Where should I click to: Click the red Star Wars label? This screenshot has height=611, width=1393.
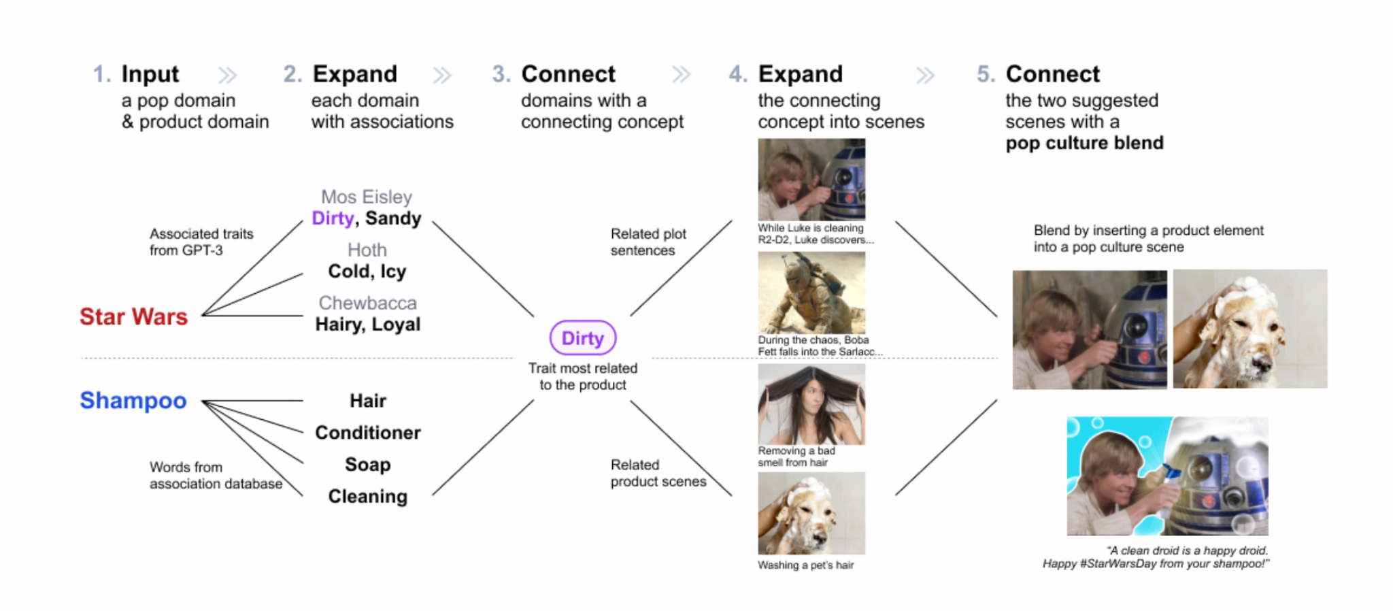[133, 317]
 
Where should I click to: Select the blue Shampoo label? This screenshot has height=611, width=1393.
[133, 401]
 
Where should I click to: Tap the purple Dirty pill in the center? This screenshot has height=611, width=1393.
[583, 338]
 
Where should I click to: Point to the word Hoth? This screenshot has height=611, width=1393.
[367, 250]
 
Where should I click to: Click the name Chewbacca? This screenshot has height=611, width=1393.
[367, 303]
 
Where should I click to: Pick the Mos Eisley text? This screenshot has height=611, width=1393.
[367, 197]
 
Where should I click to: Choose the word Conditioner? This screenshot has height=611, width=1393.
[368, 433]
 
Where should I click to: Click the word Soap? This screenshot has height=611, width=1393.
[368, 465]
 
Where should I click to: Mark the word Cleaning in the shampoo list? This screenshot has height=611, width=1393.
[368, 497]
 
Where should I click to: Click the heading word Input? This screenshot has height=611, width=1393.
[150, 74]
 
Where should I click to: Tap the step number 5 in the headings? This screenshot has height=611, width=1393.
[986, 74]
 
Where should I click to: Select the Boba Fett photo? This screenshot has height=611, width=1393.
[811, 293]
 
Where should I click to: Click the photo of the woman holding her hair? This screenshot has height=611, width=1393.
[811, 404]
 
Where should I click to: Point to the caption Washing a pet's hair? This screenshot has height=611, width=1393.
[806, 565]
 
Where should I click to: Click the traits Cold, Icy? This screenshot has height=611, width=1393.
[367, 271]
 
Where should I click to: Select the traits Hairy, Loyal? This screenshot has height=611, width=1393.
[368, 325]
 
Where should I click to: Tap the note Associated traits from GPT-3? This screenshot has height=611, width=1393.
[201, 242]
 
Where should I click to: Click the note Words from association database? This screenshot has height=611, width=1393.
[216, 476]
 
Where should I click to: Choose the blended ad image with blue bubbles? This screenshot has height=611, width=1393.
[1167, 476]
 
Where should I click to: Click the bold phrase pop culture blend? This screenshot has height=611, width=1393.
[1085, 144]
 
